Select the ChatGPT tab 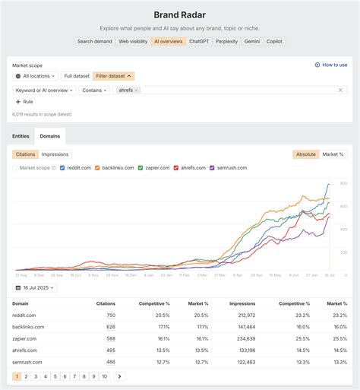(x=199, y=42)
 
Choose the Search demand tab (x=95, y=42)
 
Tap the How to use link (x=331, y=65)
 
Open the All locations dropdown (x=35, y=76)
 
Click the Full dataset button (x=77, y=76)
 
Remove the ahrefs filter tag (x=137, y=90)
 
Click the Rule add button (x=24, y=102)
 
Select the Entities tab (x=21, y=136)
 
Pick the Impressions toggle (x=55, y=154)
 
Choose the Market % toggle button (x=333, y=154)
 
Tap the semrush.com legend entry (x=229, y=167)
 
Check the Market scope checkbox (x=15, y=167)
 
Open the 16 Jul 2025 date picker (x=36, y=288)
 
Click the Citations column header (x=106, y=303)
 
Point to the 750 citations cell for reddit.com (x=111, y=315)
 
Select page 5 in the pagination (x=55, y=376)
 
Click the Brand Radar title (x=180, y=14)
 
